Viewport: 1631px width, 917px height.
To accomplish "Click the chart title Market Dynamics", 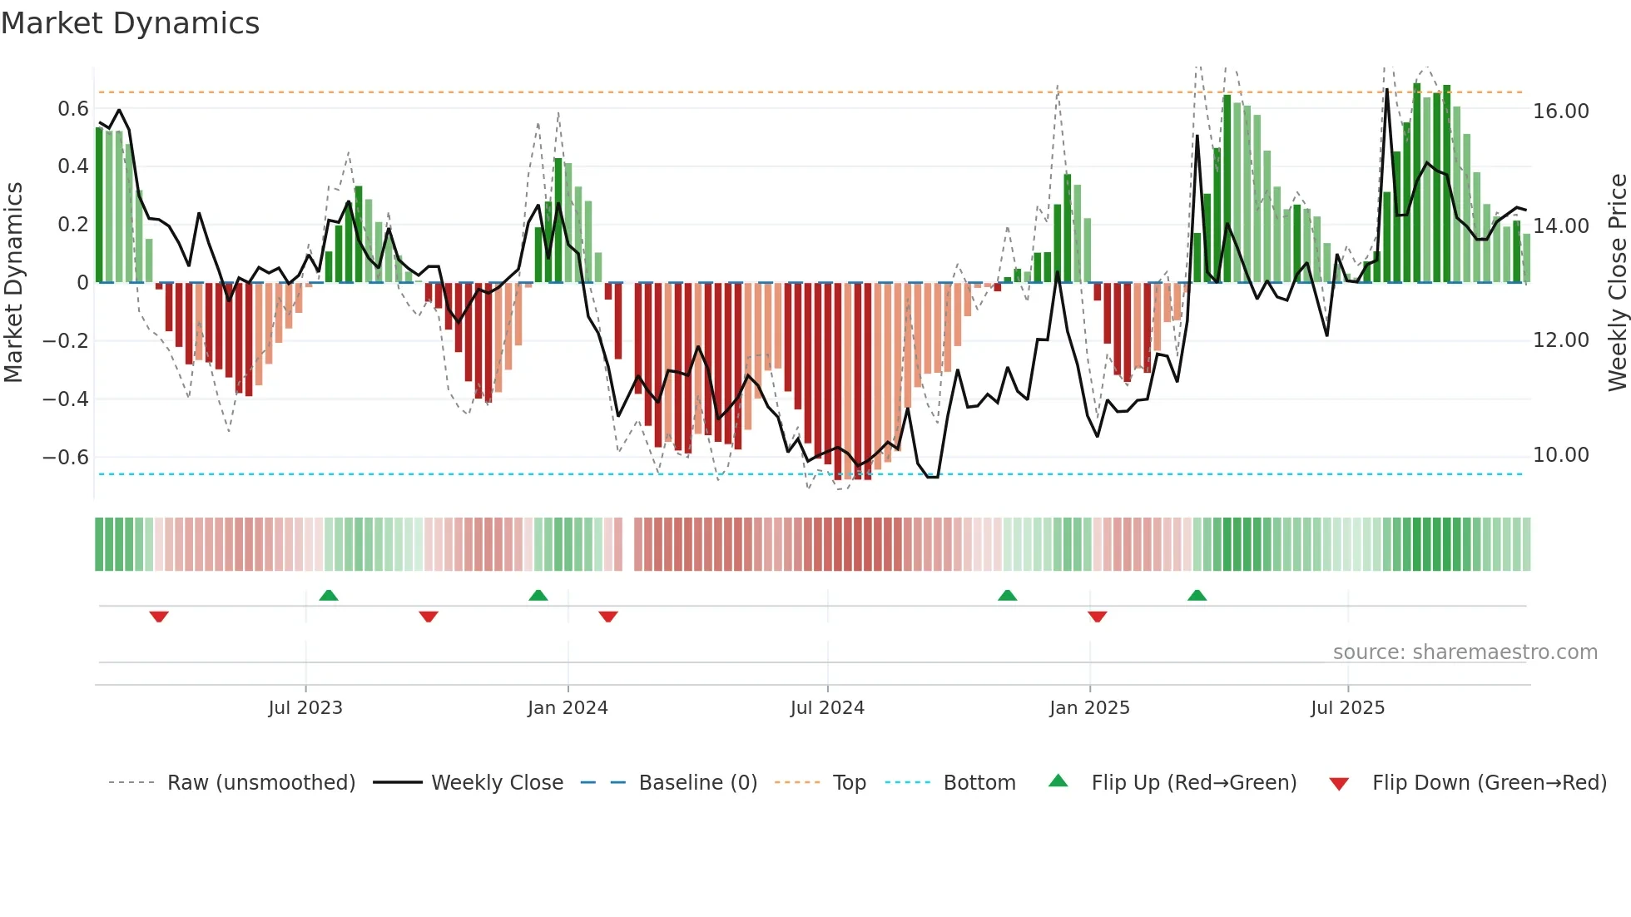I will pos(130,23).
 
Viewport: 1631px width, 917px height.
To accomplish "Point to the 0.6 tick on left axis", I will pos(73,109).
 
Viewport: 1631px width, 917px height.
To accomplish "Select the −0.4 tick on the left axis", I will pos(66,399).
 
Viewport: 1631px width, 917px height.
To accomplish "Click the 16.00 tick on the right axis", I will pos(1561,112).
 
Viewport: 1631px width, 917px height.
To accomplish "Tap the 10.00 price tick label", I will pos(1561,455).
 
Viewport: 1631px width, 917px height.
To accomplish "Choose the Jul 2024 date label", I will pos(827,708).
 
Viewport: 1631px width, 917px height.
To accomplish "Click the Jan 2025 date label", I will pos(1089,708).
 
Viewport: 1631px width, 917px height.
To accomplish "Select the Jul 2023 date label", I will pos(305,708).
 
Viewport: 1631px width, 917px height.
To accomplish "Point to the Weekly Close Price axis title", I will pos(1617,283).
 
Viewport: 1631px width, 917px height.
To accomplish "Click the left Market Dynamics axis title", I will pos(13,283).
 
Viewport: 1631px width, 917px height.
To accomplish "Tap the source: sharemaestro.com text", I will pos(1465,652).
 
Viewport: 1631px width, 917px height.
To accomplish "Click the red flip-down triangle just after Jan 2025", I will pos(1097,617).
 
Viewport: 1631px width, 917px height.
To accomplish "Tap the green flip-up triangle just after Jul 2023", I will pos(329,595).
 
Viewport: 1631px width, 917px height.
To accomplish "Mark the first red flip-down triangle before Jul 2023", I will pos(159,617).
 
